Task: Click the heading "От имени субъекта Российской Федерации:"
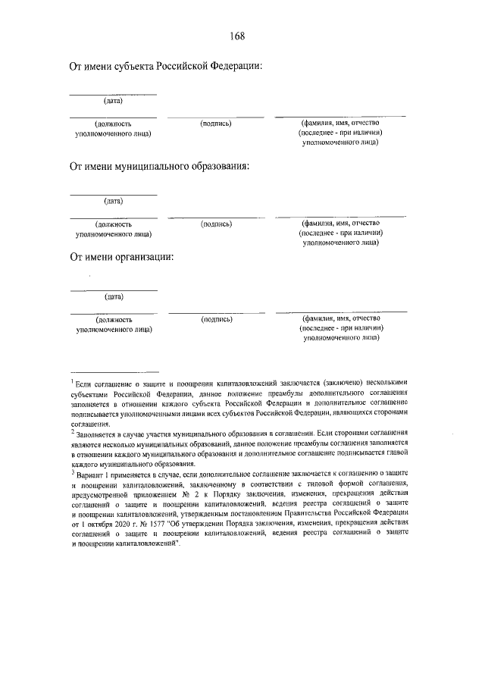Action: (x=166, y=67)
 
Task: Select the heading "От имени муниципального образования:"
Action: (x=159, y=166)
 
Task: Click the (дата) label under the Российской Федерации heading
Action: (x=113, y=101)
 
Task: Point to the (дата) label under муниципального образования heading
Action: (x=113, y=201)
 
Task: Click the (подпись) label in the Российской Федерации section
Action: (x=216, y=123)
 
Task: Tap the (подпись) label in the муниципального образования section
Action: (x=216, y=224)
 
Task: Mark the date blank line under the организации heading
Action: (x=113, y=290)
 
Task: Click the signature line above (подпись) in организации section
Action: (x=216, y=312)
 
